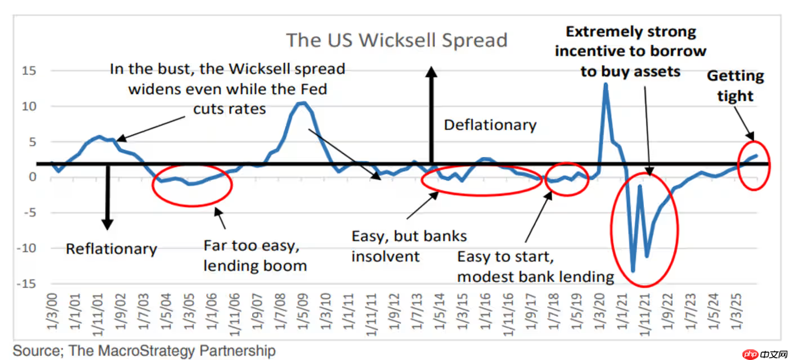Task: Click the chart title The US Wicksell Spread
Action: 396,40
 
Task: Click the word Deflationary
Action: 490,124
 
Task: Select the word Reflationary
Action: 111,249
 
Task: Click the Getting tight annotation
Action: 735,85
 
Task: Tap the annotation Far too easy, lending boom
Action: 255,255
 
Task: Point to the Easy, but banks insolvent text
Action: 409,246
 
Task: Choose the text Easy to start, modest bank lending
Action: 535,267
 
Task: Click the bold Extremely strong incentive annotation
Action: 630,51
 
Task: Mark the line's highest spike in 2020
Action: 606,84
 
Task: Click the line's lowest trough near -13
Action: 633,271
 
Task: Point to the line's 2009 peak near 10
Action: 303,102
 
